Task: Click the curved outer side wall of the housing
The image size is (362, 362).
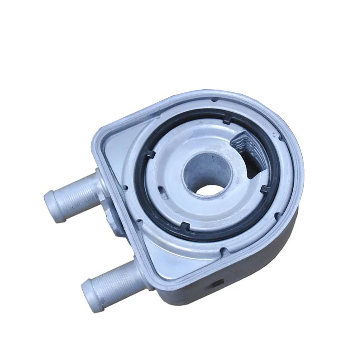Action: [x=271, y=253]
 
